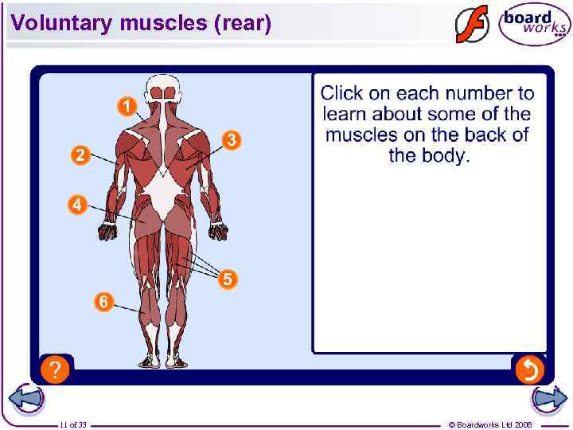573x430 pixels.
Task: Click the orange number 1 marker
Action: click(x=127, y=105)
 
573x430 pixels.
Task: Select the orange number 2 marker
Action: click(x=80, y=154)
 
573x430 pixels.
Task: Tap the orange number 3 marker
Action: click(x=231, y=140)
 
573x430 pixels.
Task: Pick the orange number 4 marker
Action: click(x=76, y=205)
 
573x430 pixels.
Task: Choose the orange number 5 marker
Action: click(x=228, y=279)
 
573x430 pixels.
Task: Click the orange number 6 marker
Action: click(x=103, y=302)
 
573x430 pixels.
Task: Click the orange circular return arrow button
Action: click(x=528, y=369)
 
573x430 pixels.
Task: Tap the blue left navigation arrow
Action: click(x=25, y=401)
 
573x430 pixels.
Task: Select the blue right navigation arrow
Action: click(x=548, y=401)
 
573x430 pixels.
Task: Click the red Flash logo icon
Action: click(x=472, y=25)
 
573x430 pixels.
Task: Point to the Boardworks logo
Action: click(x=534, y=25)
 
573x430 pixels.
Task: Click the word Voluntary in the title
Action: click(x=63, y=24)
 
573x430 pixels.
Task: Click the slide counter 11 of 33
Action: click(x=73, y=425)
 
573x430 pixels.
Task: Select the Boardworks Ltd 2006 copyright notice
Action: click(x=490, y=425)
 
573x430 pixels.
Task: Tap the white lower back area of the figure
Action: click(x=167, y=195)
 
